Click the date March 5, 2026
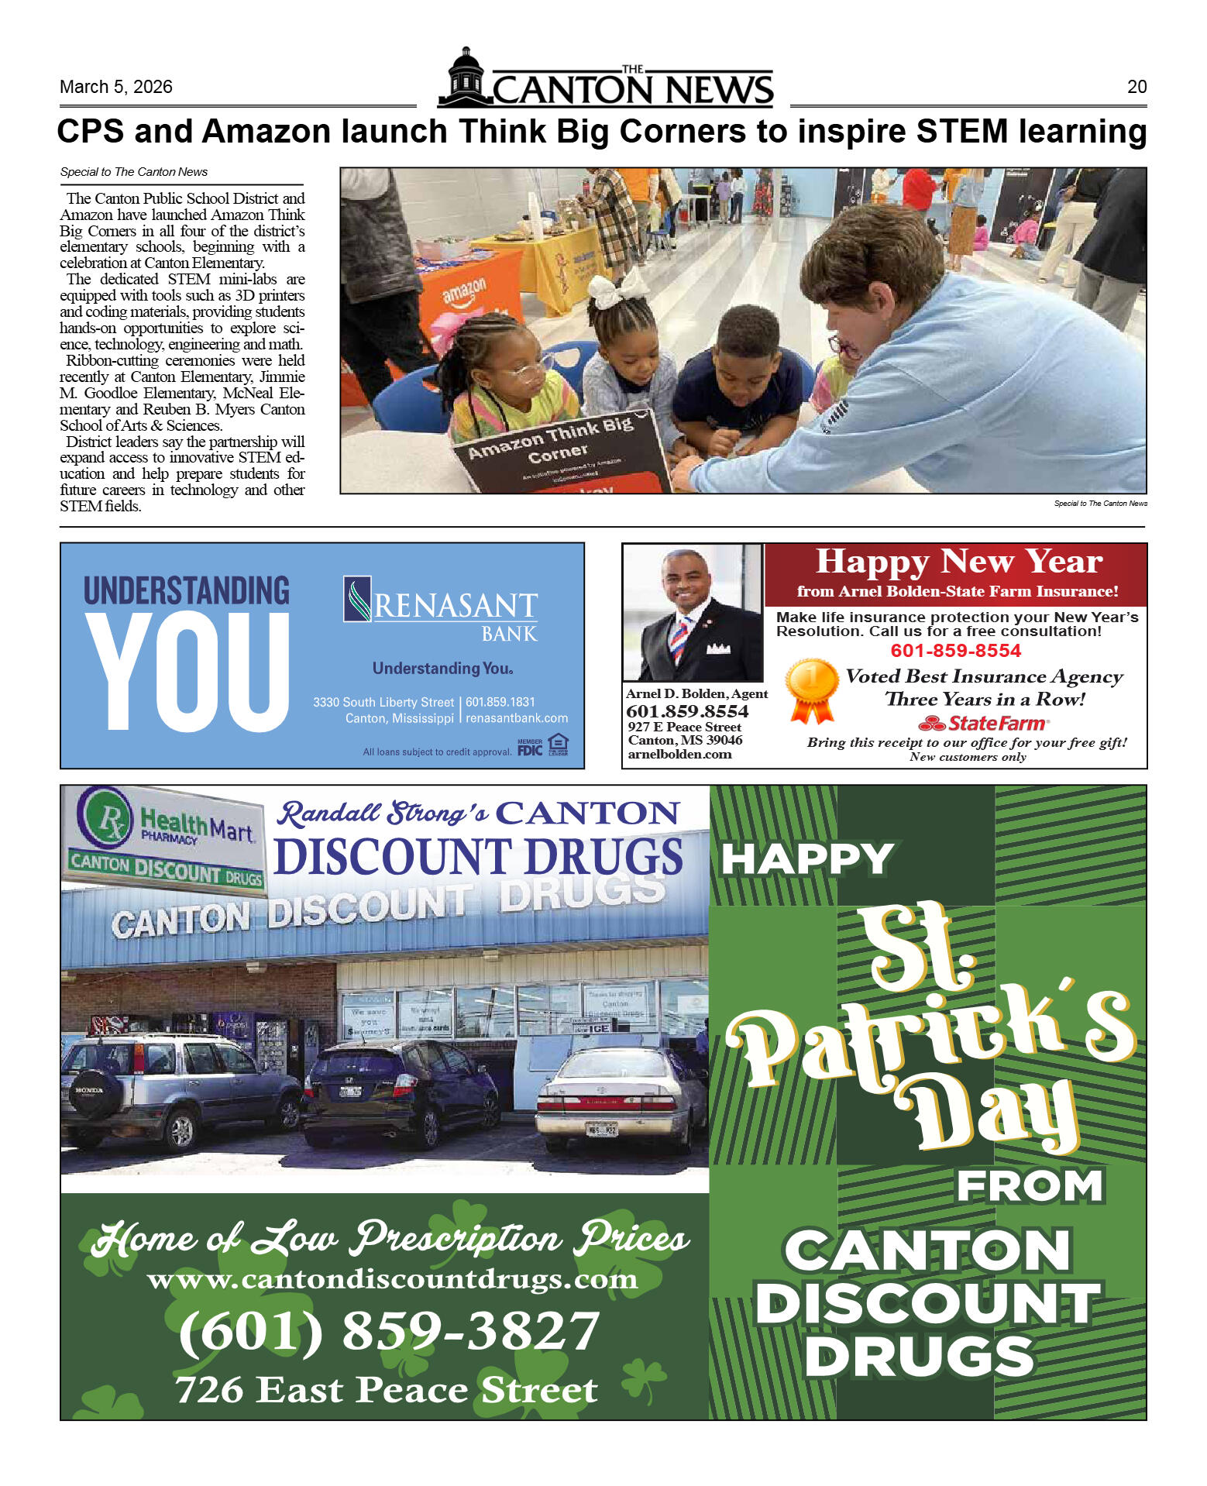point(115,87)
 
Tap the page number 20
point(1136,87)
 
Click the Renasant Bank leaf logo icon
point(357,599)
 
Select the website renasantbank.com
point(516,718)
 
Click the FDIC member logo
point(530,748)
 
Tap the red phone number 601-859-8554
point(955,651)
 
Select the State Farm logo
point(983,724)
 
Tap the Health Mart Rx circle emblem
point(104,818)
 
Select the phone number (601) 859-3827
point(389,1331)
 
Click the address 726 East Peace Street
point(386,1390)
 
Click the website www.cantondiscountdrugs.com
point(392,1279)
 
